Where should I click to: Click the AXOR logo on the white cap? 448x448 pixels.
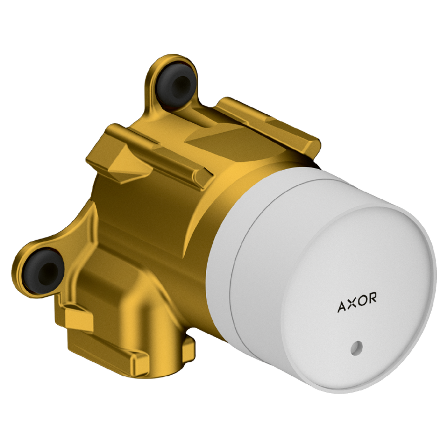coord(357,302)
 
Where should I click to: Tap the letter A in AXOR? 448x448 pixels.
coord(342,307)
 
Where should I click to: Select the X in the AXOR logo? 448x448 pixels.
coord(352,304)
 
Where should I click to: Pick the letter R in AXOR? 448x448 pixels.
coord(372,297)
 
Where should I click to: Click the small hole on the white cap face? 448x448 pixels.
coord(356,348)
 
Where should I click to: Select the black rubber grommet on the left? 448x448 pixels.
coord(44,270)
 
